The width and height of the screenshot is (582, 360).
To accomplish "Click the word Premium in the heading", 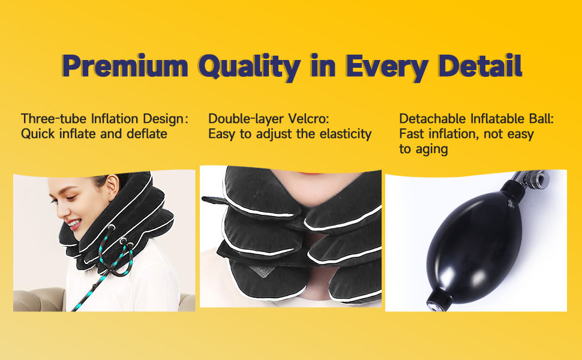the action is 125,65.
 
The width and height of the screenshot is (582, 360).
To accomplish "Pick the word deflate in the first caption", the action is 147,134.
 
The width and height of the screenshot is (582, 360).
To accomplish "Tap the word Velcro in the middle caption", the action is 308,119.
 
